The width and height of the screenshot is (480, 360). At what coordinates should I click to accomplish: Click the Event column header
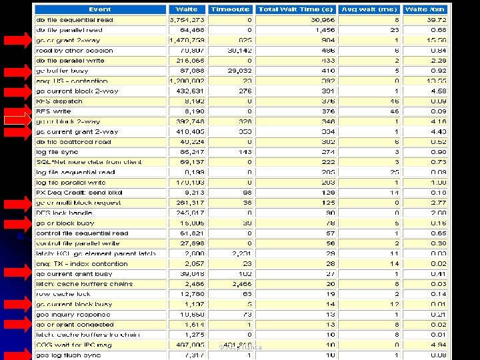click(99, 9)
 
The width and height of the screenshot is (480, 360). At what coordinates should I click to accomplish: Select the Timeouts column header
click(230, 9)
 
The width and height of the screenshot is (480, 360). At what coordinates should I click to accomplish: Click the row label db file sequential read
click(75, 20)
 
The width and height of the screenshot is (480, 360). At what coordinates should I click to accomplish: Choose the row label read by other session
click(75, 50)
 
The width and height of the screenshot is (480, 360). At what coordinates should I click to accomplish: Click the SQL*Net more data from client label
click(89, 162)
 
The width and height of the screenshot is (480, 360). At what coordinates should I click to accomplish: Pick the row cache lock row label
click(63, 294)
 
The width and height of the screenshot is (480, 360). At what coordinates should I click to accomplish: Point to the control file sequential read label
click(82, 233)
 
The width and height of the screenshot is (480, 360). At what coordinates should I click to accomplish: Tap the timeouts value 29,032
click(238, 70)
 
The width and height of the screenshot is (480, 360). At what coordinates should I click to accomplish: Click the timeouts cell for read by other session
click(238, 50)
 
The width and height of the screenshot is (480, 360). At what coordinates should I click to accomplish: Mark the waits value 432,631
click(189, 91)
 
